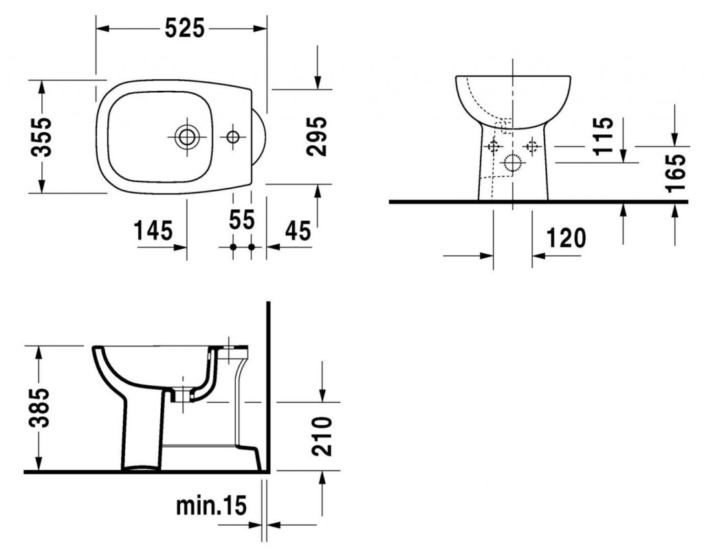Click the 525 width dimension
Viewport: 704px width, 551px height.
(184, 29)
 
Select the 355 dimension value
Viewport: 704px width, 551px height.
(41, 136)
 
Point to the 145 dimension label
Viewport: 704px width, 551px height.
(153, 231)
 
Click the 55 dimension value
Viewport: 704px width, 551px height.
(241, 219)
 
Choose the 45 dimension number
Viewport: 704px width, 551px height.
(298, 231)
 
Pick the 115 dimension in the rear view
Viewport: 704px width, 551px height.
(603, 136)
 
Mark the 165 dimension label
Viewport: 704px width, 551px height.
(676, 173)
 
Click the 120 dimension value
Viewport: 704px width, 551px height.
(566, 238)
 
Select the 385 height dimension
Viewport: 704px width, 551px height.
(38, 408)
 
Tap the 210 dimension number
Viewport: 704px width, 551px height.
(322, 437)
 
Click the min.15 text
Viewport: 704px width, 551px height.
(211, 506)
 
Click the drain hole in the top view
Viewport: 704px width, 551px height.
(186, 136)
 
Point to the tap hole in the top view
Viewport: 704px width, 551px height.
(233, 136)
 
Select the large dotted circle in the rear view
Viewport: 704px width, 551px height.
(511, 162)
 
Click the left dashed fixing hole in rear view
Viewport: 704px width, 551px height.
(494, 146)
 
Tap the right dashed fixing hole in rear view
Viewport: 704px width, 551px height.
(533, 146)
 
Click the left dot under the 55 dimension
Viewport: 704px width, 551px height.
(233, 247)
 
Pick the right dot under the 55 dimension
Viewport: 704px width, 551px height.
(252, 247)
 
